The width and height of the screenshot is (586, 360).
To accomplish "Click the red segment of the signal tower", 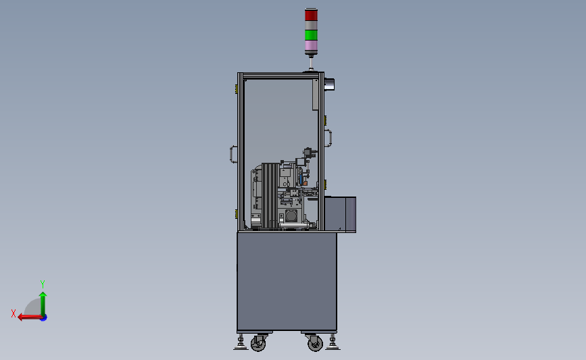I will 310,15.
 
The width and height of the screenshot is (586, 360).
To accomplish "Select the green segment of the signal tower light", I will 310,34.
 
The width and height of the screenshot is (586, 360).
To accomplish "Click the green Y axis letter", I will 43,284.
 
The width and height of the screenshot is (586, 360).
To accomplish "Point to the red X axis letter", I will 13,313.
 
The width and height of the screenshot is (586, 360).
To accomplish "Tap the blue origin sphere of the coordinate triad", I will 43,317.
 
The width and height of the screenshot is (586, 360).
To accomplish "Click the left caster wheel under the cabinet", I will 258,344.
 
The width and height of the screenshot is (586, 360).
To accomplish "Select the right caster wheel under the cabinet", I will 315,344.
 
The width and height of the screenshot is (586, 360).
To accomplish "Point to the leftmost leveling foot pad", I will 241,347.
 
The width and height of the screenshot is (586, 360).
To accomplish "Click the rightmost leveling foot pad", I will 333,347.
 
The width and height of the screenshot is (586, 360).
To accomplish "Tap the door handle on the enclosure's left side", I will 232,155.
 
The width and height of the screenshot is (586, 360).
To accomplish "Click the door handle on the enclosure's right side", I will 329,138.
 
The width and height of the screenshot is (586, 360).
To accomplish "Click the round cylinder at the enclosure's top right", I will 330,84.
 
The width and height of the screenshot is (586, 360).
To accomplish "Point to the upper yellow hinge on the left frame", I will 236,88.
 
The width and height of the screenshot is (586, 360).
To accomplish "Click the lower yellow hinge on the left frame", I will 236,214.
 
